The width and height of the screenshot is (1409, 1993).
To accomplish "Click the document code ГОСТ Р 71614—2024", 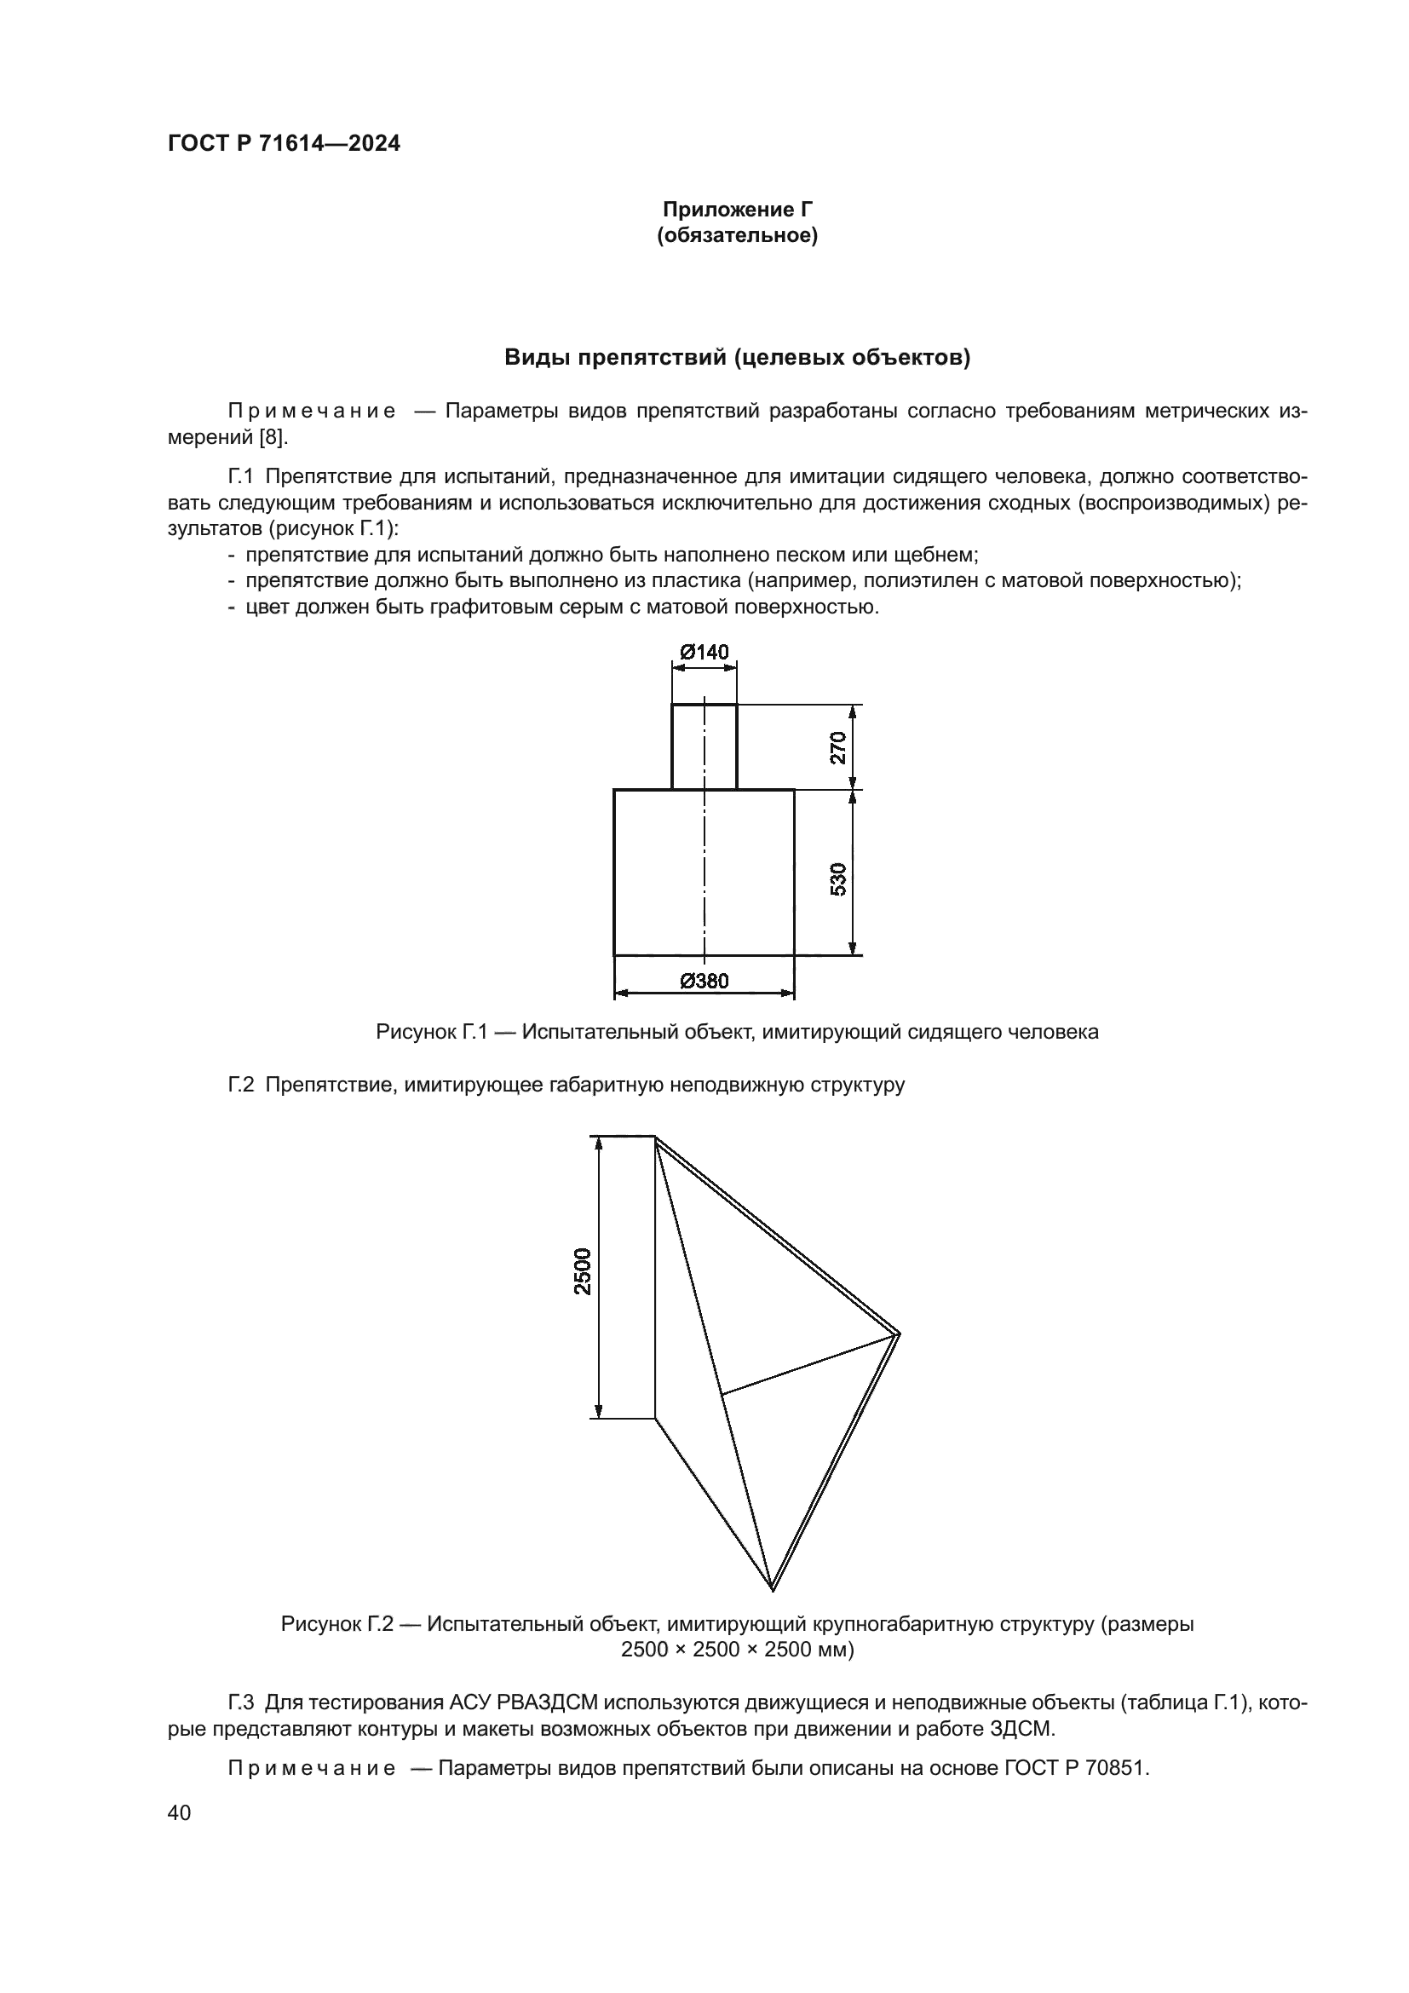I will (x=284, y=144).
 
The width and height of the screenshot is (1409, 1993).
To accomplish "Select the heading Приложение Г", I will (x=738, y=210).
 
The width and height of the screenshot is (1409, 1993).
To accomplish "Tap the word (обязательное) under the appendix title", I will (x=738, y=235).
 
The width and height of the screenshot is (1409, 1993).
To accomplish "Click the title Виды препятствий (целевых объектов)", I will (x=738, y=358).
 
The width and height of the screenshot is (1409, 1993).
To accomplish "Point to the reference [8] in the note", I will (x=272, y=436).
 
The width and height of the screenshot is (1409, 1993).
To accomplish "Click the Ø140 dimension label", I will (x=704, y=652).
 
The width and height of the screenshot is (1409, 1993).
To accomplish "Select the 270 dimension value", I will (x=837, y=747).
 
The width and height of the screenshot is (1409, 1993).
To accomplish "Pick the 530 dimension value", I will (x=837, y=879).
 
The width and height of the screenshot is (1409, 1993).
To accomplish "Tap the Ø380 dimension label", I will (x=704, y=981).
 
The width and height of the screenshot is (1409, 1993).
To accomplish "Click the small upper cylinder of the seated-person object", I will (x=704, y=746).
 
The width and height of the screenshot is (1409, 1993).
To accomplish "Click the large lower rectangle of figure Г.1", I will (x=659, y=873).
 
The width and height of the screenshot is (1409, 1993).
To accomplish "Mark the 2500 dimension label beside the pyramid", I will (x=582, y=1270).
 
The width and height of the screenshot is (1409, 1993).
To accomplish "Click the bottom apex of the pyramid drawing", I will (x=771, y=1590).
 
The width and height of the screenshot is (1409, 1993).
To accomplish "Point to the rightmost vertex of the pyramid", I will (x=899, y=1333).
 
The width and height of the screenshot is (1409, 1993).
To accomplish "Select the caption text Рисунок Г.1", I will (x=430, y=1032).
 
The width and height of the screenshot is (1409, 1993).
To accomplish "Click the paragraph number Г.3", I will (x=241, y=1703).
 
